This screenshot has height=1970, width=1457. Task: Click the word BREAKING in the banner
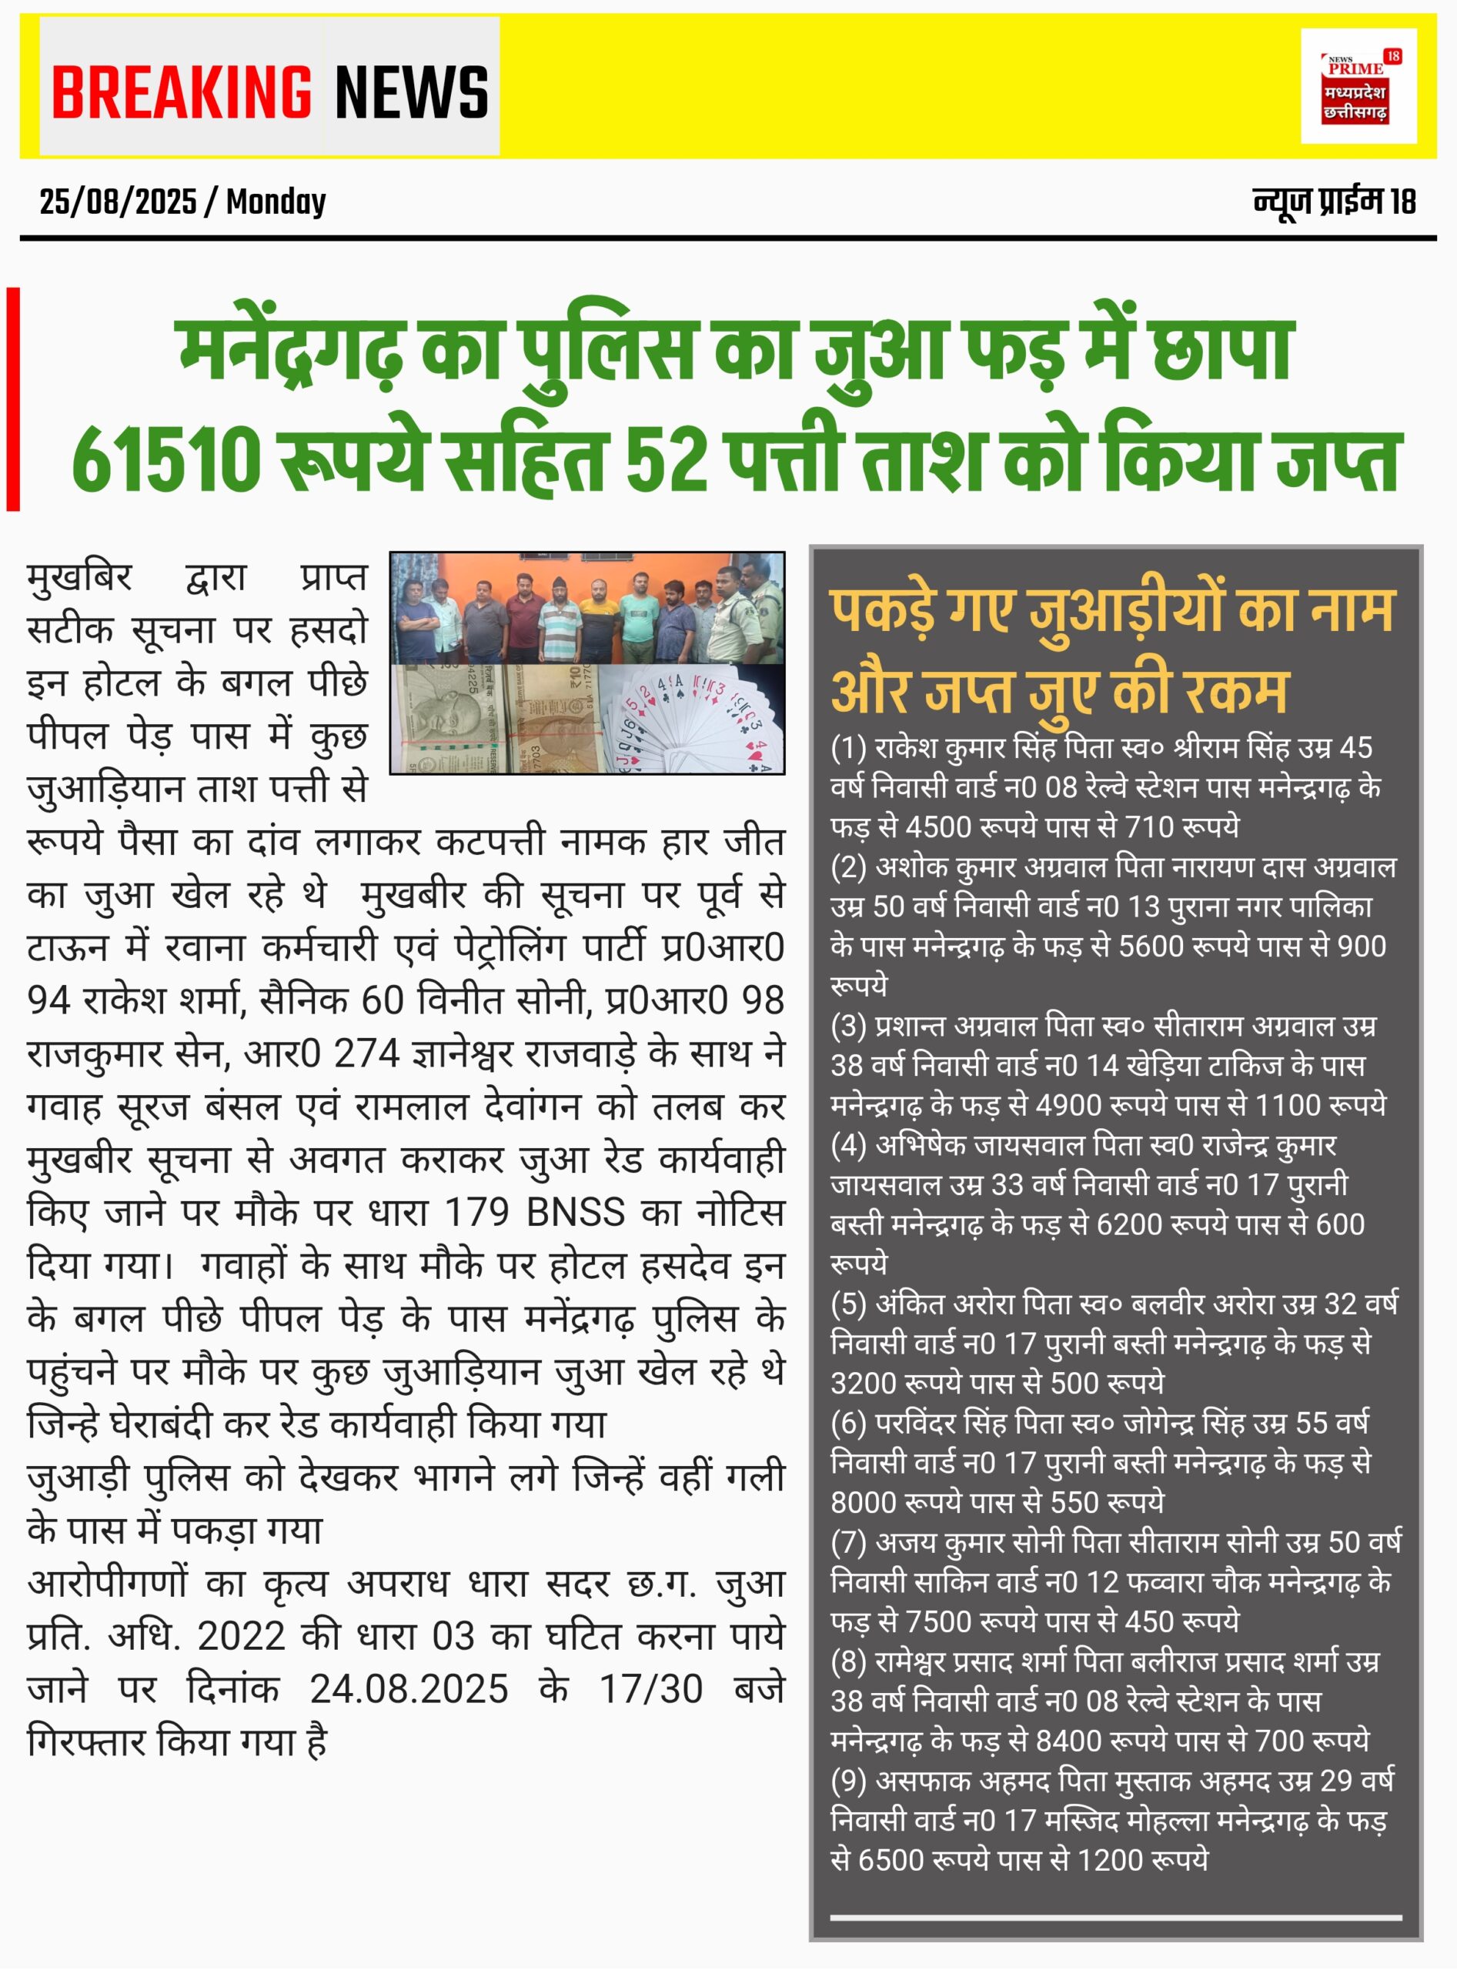181,92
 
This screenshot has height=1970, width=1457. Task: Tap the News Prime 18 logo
1358,86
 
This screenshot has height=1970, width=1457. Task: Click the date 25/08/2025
117,202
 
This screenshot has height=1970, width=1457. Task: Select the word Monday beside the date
276,202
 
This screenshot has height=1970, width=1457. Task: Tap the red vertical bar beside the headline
13,399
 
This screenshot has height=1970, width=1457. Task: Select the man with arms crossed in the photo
417,620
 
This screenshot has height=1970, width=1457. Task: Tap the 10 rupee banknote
556,719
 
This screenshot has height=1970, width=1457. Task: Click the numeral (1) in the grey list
848,748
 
